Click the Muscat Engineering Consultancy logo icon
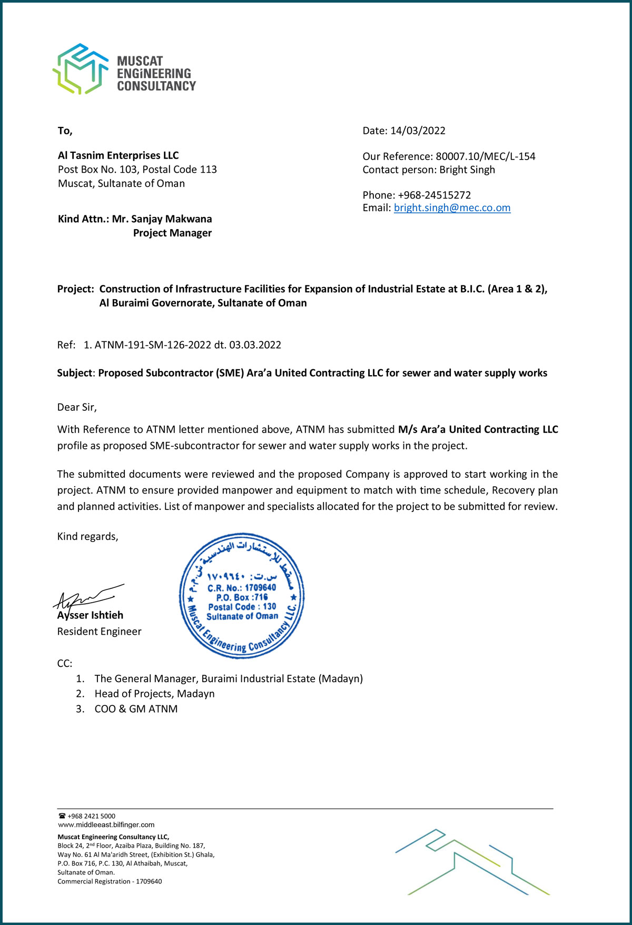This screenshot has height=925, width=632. pos(80,69)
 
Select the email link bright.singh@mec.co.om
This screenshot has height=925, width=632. pos(452,208)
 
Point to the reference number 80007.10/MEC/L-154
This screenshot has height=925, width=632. pos(485,156)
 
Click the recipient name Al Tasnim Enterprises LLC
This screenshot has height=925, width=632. pos(118,155)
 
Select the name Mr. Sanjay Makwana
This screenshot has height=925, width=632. pos(162,219)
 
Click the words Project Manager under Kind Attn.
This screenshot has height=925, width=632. pos(172,233)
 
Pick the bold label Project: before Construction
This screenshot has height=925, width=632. pos(75,289)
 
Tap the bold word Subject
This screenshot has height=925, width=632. pos(74,373)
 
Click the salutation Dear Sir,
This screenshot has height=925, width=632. pos(77,407)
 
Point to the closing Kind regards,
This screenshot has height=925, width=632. pos(87,536)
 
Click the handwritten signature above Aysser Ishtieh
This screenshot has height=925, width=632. pos(87,596)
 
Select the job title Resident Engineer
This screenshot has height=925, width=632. pos(99,631)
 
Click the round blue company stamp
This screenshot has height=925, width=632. pos(242,595)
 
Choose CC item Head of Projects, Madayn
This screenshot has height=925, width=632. pos(154,694)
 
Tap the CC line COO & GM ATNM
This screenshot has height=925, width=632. pos(136,709)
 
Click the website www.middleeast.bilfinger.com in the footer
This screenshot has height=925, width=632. pos(106,825)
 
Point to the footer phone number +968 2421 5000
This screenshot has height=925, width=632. pos(91,816)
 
